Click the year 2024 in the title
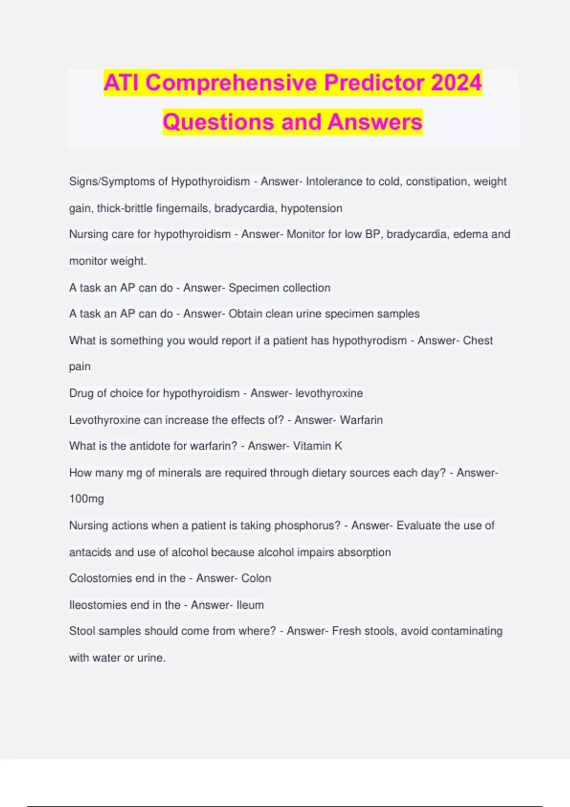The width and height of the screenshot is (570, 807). tap(456, 83)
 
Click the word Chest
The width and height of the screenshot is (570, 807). tap(478, 340)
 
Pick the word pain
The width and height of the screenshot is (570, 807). tap(80, 367)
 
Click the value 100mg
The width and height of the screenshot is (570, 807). tap(86, 499)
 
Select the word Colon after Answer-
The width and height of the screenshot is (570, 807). tap(256, 578)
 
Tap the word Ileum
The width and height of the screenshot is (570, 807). tap(250, 605)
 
